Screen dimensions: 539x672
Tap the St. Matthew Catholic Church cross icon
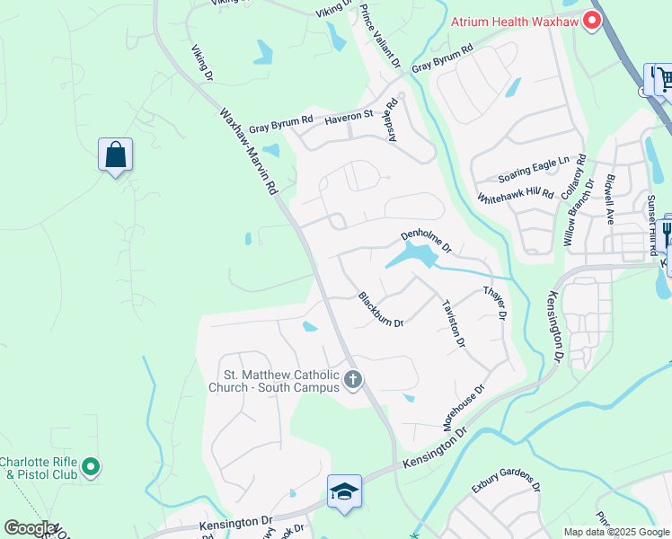352,380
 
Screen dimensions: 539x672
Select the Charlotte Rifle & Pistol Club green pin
90,467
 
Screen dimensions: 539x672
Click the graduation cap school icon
344,491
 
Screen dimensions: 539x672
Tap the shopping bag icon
116,155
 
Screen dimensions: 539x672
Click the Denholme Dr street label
425,241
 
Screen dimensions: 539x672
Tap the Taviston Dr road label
454,323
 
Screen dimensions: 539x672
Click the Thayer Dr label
495,304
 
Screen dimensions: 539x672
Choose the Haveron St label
349,116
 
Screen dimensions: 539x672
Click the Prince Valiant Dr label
379,36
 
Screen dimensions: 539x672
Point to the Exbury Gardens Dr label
506,484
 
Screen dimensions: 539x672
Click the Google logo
29,528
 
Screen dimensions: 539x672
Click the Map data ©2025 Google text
616,532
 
